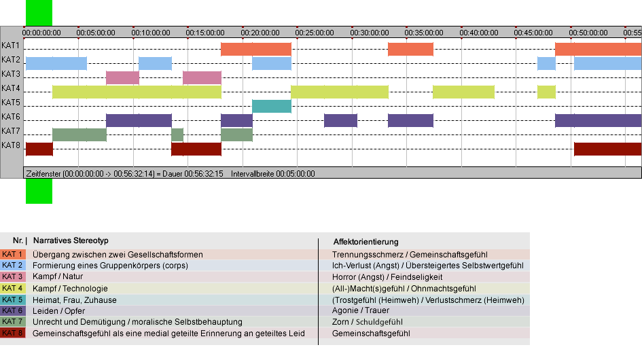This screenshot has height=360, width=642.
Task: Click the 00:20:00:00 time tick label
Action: (260, 33)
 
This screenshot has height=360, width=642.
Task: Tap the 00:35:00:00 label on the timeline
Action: (424, 33)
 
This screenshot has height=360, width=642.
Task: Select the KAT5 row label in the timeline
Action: (11, 103)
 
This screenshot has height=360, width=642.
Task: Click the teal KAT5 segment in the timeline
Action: (272, 106)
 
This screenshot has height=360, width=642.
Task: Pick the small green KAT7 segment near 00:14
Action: (177, 134)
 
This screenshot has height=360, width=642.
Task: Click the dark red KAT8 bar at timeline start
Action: (39, 149)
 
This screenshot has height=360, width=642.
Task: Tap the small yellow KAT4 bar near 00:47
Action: (546, 92)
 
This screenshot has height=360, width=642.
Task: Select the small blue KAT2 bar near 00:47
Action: (546, 63)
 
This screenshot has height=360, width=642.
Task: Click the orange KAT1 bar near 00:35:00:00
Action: (410, 49)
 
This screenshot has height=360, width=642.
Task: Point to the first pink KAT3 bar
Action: (122, 78)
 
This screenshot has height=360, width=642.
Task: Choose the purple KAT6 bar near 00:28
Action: (340, 120)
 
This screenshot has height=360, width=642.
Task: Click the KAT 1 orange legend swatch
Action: (13, 254)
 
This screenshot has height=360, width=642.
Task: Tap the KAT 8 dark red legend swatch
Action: (13, 333)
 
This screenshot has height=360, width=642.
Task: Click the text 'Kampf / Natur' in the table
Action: (58, 276)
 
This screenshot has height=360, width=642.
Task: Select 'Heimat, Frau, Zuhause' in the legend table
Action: (75, 300)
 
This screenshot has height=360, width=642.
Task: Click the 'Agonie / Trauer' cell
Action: (361, 310)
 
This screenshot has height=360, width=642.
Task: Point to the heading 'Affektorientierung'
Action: (365, 242)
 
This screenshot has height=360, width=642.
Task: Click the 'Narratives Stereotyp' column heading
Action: (71, 240)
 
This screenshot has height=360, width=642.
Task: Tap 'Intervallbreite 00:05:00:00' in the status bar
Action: (273, 174)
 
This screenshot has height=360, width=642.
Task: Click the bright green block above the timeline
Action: (39, 13)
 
